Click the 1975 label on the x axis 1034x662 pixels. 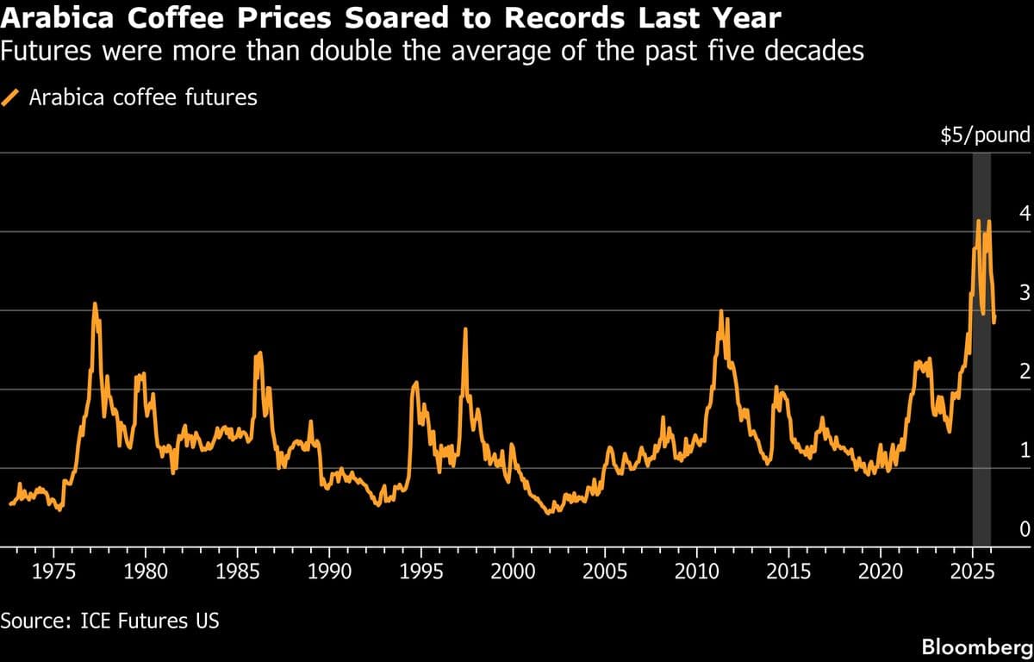pos(53,571)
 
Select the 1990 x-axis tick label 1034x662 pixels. pos(329,571)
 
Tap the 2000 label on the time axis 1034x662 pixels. pos(513,571)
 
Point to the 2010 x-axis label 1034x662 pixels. pos(697,571)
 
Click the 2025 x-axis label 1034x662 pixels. pos(973,571)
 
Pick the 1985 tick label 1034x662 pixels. pos(237,571)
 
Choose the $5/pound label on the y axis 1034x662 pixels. pos(985,134)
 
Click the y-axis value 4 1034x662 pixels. pos(1024,213)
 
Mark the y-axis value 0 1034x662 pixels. pos(1024,528)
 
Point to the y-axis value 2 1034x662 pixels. pos(1024,371)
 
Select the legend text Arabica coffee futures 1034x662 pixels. pos(143,97)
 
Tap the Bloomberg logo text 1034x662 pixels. pos(975,646)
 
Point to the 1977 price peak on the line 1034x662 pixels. pos(95,303)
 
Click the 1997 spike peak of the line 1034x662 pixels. pos(465,329)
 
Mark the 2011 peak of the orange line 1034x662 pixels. pos(721,311)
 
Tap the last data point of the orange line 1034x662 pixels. pos(994,322)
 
